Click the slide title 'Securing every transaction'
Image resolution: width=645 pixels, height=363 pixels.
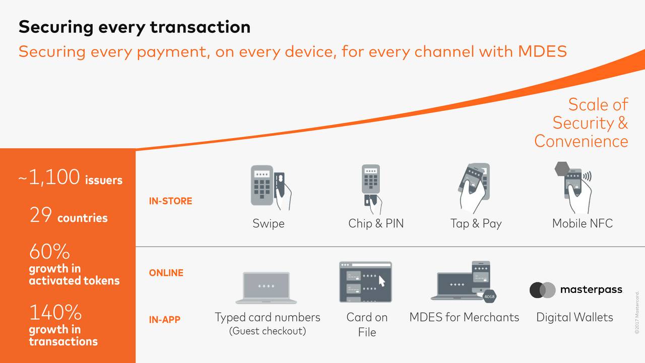tap(134, 27)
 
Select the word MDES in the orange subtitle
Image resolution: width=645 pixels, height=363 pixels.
tap(542, 51)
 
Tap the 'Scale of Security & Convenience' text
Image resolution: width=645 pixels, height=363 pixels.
tap(582, 123)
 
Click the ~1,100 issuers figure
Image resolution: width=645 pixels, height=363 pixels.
tap(71, 178)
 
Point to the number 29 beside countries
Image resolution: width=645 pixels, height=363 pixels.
tap(41, 216)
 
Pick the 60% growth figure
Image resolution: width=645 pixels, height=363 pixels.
tap(49, 252)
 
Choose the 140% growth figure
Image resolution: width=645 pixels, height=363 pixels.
tap(55, 313)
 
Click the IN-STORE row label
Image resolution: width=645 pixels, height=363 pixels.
tap(170, 201)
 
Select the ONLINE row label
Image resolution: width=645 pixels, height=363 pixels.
tap(166, 273)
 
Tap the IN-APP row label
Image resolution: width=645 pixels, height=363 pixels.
tap(164, 320)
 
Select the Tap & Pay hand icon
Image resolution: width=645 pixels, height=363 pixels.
tap(474, 187)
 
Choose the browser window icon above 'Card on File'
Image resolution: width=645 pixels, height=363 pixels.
tap(365, 282)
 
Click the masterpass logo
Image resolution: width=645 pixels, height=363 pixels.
tap(576, 290)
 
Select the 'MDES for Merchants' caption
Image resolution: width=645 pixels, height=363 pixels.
tap(464, 317)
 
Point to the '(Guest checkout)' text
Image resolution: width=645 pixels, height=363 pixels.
tap(267, 331)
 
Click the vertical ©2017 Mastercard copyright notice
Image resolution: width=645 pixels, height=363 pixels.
tap(637, 312)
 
